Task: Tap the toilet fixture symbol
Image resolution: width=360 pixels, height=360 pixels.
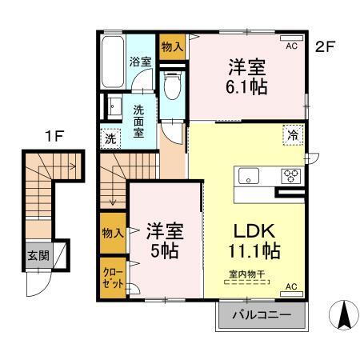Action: point(170,89)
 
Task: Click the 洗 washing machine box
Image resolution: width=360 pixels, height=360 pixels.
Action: point(110,137)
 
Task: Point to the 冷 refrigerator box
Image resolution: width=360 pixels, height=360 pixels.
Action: point(294,136)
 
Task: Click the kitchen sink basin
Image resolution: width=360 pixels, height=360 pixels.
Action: point(247,177)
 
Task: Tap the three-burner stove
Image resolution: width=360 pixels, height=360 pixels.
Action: point(288,177)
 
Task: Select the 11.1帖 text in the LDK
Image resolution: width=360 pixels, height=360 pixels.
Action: point(250,250)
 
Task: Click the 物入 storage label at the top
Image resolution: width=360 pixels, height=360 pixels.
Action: point(170,46)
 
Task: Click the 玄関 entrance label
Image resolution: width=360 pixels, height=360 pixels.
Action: point(38,256)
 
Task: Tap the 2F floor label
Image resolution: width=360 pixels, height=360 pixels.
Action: point(324,46)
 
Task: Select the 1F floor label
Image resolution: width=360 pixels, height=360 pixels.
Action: point(54,136)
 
